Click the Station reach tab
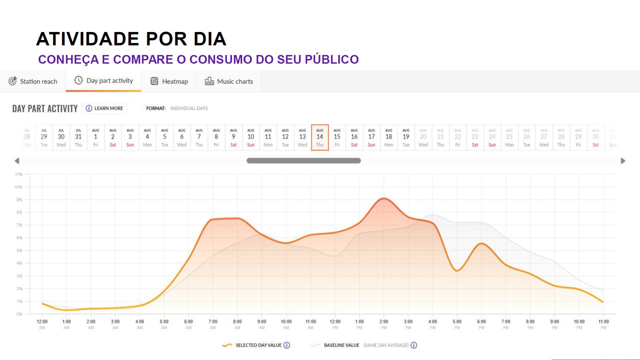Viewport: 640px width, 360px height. [x=33, y=81]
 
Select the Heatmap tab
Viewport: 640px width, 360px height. [x=169, y=81]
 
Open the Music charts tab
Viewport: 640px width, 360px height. [x=229, y=81]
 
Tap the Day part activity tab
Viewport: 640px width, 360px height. [x=103, y=80]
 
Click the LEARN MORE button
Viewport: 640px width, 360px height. [x=104, y=108]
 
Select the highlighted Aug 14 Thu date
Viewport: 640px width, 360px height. [x=319, y=137]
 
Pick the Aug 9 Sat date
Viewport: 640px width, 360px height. [x=233, y=137]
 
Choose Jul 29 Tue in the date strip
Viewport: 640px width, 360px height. [x=44, y=137]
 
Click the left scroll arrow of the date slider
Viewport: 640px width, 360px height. [x=17, y=161]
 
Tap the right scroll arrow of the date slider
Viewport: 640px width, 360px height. [x=622, y=161]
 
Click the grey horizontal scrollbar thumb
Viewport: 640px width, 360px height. [x=303, y=161]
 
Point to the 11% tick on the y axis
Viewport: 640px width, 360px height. [x=18, y=174]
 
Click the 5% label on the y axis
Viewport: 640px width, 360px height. [x=18, y=250]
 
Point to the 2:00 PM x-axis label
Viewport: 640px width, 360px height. [x=384, y=324]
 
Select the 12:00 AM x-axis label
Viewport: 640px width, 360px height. [x=42, y=324]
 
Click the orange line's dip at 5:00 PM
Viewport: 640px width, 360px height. [x=456, y=270]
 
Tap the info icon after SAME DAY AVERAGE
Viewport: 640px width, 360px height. [x=414, y=345]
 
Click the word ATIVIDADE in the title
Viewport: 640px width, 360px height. [x=86, y=39]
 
